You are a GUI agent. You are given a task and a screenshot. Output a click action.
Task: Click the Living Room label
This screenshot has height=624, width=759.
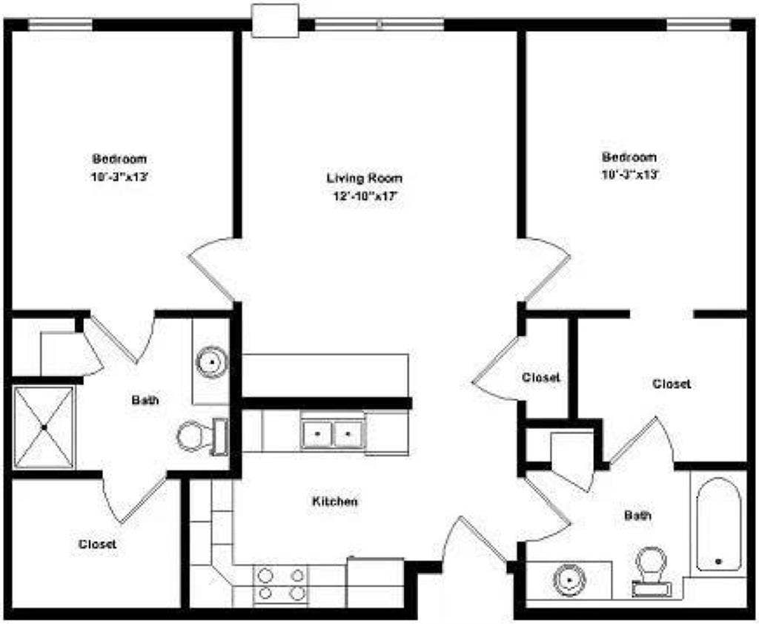[365, 178]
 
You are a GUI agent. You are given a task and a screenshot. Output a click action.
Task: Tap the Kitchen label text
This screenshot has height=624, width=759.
[335, 501]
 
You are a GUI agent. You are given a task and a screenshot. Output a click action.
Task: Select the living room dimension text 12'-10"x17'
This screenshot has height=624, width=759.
[365, 197]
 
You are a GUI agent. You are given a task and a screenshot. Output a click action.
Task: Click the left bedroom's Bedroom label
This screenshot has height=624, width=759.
[119, 159]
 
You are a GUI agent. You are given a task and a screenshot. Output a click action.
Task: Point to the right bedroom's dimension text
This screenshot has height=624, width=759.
[631, 174]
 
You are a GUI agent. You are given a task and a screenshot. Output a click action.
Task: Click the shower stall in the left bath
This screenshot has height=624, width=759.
[44, 427]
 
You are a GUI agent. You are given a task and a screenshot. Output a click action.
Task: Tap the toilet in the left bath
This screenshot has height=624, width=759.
[202, 437]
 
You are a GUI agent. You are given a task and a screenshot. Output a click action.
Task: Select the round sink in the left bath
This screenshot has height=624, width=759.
[211, 361]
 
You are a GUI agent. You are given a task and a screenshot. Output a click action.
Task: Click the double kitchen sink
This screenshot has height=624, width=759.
[333, 433]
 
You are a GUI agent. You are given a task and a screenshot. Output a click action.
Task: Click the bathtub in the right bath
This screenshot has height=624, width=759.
[719, 524]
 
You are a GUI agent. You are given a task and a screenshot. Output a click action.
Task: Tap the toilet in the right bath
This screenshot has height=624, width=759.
[652, 571]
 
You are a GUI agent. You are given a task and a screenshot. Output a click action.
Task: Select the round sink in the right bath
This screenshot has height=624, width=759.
[571, 579]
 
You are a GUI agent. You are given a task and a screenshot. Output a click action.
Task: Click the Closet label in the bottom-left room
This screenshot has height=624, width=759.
[97, 544]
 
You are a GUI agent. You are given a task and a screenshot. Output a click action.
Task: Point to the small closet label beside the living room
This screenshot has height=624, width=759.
[540, 377]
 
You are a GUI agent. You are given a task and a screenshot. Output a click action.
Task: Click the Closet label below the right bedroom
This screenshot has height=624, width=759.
[672, 384]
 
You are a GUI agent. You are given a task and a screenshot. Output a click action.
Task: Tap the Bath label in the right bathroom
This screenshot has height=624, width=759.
[637, 515]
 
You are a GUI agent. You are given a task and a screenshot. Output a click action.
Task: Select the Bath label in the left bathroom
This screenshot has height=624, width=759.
[145, 400]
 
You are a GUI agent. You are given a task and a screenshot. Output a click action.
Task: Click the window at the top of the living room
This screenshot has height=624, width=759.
[379, 24]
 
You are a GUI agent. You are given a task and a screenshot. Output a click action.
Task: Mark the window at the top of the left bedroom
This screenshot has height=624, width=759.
[61, 24]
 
